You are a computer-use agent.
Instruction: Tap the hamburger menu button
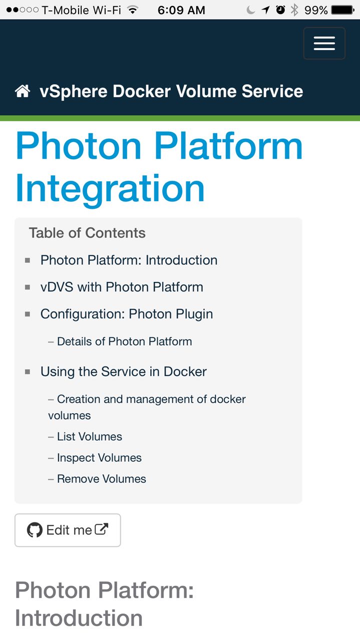tap(324, 44)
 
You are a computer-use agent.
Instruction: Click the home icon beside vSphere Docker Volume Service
tap(23, 91)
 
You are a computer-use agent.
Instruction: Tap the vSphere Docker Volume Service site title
tap(171, 91)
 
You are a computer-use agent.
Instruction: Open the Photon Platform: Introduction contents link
tap(129, 260)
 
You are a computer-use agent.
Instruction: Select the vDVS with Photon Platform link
tap(122, 287)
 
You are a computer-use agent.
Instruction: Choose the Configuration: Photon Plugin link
tap(127, 314)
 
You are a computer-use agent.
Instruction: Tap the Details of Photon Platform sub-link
tap(124, 342)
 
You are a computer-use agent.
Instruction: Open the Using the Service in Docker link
tap(123, 372)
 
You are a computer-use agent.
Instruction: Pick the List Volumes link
tap(89, 437)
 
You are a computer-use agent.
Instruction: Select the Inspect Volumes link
tap(99, 458)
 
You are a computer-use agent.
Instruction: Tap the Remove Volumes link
tap(101, 479)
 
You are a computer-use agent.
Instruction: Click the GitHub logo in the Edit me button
tap(35, 530)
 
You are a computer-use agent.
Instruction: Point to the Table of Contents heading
tap(87, 233)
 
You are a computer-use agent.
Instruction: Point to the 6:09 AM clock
tap(181, 10)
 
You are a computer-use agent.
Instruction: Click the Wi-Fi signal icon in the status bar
tap(133, 10)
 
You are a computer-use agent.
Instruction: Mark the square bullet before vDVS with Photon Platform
tap(28, 287)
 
